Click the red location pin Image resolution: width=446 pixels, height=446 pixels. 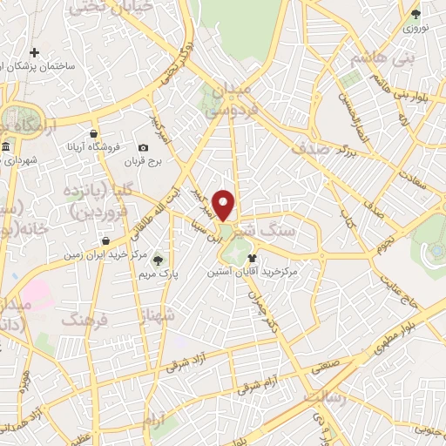pos(225,205)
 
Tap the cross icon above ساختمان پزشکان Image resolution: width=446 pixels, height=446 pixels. pos(35,53)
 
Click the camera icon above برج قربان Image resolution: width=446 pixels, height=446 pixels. pos(144,147)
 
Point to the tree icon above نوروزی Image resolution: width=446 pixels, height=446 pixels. pos(416,14)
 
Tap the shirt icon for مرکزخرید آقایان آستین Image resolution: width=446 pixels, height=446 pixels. pos(253,258)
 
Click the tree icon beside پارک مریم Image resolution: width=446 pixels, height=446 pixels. pos(158,259)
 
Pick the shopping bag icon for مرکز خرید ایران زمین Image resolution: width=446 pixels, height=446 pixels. pos(105,241)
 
